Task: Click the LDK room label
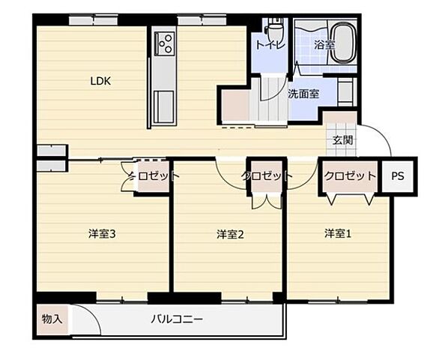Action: point(101,81)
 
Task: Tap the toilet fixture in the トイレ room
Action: point(275,32)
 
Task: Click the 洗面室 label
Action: point(303,94)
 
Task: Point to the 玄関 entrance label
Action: point(344,139)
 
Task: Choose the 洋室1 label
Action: point(338,233)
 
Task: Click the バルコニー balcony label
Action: point(177,319)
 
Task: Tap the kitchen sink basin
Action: point(163,101)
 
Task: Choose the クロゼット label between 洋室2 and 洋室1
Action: point(266,176)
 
